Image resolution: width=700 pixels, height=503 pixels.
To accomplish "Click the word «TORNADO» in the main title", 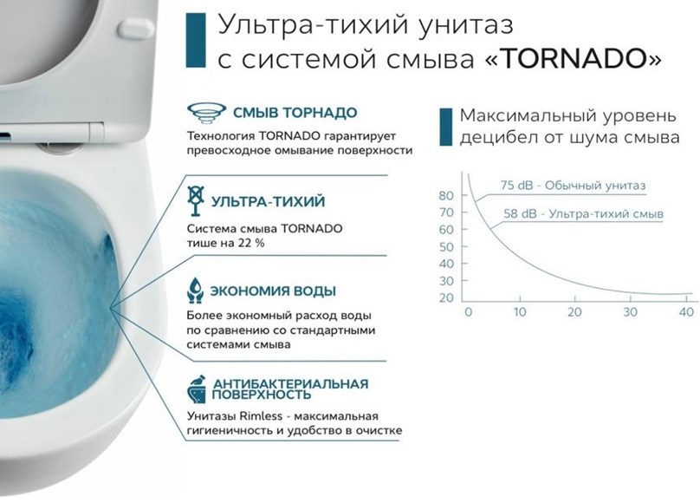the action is click(573, 59).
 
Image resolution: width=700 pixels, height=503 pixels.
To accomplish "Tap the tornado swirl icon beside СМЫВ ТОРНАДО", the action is click(206, 112).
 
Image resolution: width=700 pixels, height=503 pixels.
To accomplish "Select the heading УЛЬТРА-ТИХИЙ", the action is click(268, 201).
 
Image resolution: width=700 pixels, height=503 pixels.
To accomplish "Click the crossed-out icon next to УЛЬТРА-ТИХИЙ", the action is click(196, 200).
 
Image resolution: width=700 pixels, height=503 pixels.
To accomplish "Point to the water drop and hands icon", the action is click(196, 291).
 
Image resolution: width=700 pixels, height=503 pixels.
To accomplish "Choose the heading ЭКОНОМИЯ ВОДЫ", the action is click(273, 291).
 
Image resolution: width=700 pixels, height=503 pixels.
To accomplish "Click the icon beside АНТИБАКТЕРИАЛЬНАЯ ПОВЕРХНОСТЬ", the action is click(197, 389).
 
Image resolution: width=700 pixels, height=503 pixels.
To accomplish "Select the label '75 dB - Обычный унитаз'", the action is click(573, 185).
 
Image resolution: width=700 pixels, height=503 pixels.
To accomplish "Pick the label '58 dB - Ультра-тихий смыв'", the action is click(584, 213).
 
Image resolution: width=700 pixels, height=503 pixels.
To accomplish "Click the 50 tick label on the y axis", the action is click(446, 246).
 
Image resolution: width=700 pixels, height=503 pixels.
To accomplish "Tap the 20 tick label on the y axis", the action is click(446, 297).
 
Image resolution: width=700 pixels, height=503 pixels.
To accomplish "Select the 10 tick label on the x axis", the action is click(519, 312).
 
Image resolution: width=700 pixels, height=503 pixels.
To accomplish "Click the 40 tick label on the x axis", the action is click(686, 312).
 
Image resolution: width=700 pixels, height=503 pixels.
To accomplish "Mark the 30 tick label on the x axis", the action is click(630, 312).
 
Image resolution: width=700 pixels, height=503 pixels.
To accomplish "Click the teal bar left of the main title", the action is click(196, 40).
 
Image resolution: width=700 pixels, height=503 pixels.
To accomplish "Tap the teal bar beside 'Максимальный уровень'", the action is click(445, 127).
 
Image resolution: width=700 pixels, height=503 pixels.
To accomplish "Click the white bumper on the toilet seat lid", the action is click(136, 28).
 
